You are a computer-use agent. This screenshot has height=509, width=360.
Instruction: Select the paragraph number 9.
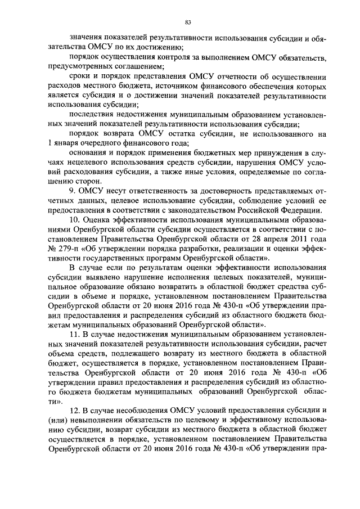click(71, 191)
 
